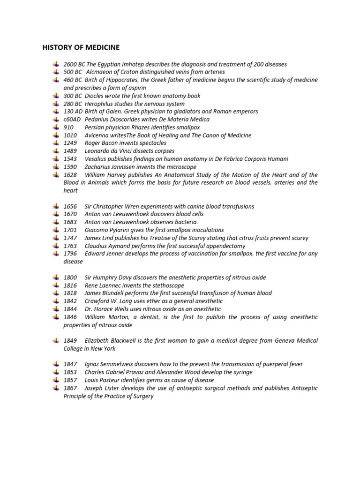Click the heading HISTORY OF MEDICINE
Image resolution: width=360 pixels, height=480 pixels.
click(x=81, y=47)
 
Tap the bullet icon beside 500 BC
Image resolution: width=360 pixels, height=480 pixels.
click(x=56, y=72)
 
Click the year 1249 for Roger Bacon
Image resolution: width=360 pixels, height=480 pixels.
click(x=70, y=143)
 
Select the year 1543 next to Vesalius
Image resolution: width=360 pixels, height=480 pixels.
click(x=70, y=159)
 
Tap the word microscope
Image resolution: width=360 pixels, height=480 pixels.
click(x=181, y=167)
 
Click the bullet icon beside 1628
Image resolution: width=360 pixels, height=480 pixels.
click(x=56, y=175)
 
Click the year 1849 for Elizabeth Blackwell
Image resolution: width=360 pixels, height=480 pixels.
click(x=70, y=341)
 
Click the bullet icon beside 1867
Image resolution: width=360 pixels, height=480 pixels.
click(x=56, y=388)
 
